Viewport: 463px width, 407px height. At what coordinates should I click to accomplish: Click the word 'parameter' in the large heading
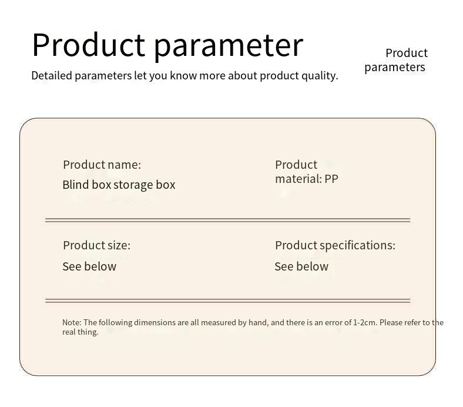[229, 46]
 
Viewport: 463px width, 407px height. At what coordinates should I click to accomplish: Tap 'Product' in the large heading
[88, 45]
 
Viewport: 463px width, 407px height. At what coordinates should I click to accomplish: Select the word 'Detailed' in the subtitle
[52, 75]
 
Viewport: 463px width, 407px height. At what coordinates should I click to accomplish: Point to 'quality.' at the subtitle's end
[320, 75]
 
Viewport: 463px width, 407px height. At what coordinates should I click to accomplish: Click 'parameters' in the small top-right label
[394, 67]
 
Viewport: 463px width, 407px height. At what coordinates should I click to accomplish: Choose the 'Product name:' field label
[102, 165]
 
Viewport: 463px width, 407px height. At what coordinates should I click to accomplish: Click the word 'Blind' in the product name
[76, 185]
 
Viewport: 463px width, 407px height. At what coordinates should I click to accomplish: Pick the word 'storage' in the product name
[133, 185]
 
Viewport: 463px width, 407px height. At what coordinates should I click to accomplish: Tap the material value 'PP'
[331, 179]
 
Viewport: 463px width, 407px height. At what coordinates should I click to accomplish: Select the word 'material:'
[298, 179]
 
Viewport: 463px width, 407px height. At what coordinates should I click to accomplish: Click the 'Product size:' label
[96, 245]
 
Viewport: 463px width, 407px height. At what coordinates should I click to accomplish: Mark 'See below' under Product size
[89, 266]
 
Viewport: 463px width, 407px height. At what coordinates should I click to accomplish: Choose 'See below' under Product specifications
[301, 266]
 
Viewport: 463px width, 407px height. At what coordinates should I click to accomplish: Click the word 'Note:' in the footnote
[72, 322]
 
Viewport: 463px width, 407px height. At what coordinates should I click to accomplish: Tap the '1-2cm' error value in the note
[365, 322]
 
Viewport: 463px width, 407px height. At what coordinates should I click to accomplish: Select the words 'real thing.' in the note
[80, 332]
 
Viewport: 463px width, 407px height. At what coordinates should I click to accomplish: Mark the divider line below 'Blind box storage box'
[227, 221]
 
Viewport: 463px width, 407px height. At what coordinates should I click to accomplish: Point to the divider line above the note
[227, 301]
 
